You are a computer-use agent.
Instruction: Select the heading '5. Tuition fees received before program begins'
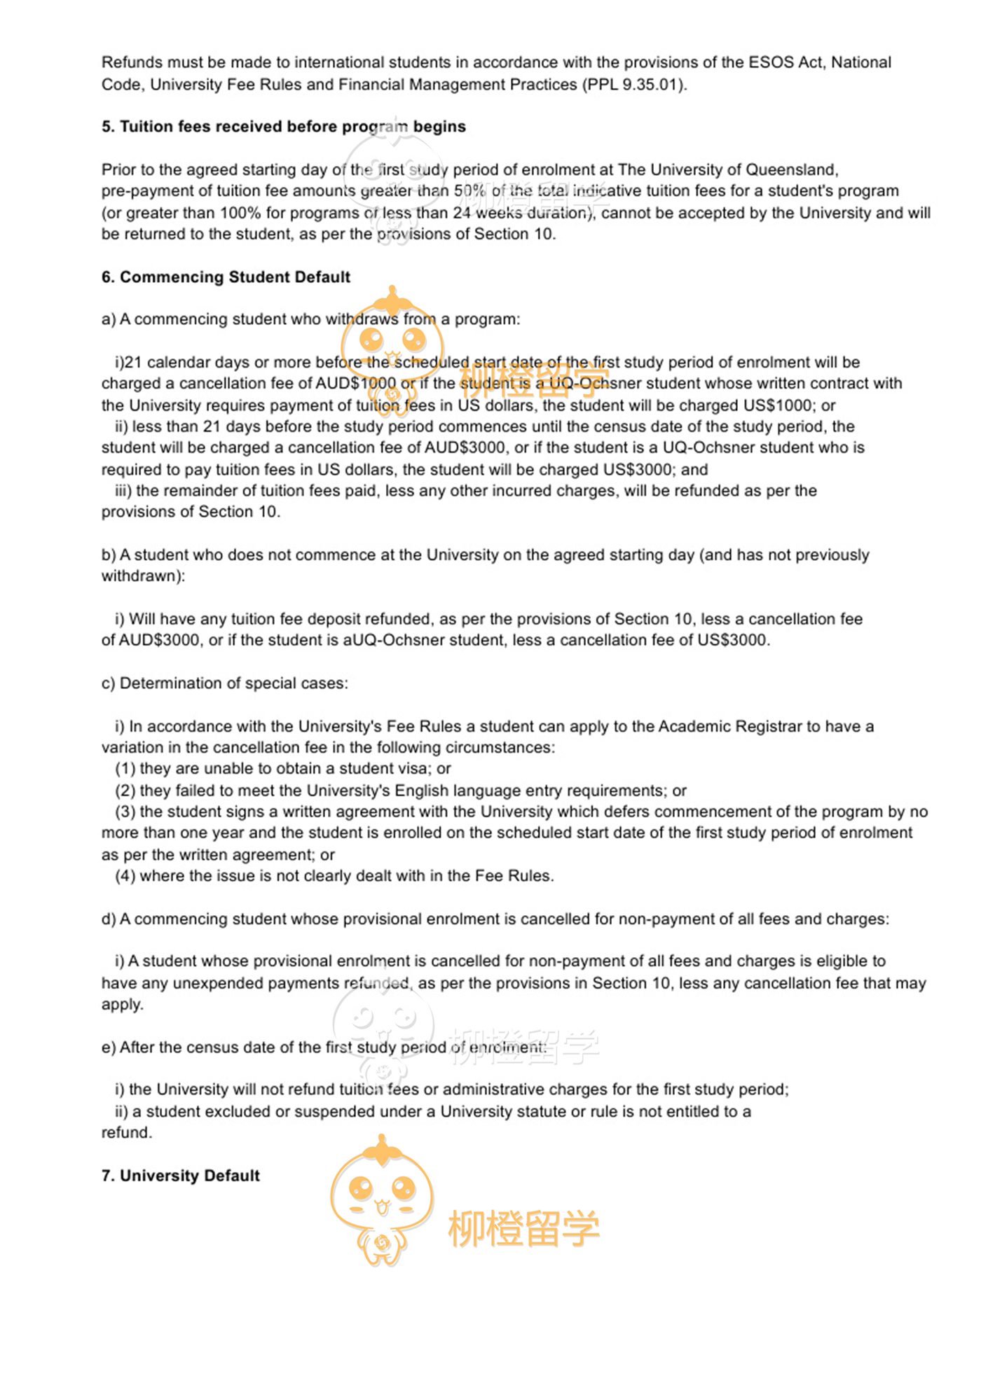[283, 127]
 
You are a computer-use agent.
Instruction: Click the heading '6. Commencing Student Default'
[226, 277]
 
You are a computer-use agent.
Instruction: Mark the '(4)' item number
[125, 876]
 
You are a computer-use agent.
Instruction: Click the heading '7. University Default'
[180, 1176]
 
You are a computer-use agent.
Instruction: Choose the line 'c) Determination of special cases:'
[224, 683]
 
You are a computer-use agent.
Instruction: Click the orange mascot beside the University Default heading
[382, 1199]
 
